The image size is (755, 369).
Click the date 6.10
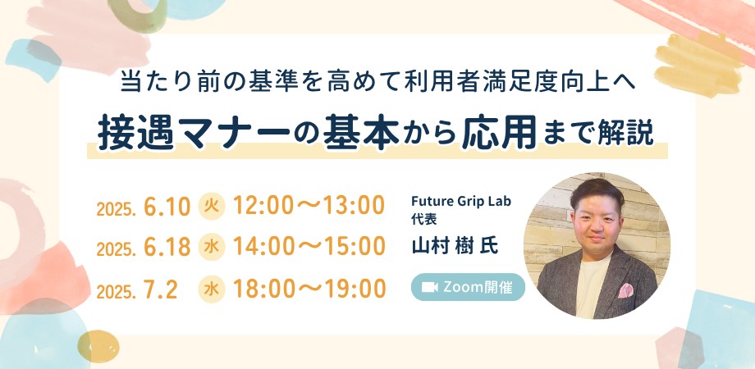[x=167, y=207]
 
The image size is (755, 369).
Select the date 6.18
[x=167, y=248]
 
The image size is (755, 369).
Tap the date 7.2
[x=161, y=289]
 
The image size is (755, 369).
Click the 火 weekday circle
[x=211, y=207]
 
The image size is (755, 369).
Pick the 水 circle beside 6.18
[x=211, y=248]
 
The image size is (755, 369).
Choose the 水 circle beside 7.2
[x=211, y=289]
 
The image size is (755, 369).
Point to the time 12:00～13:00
[x=309, y=207]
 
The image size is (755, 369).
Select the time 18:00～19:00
[x=309, y=289]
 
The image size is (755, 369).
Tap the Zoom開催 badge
[x=468, y=288]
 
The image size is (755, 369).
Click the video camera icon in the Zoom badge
[x=429, y=288]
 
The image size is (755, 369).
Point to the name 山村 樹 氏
[x=455, y=246]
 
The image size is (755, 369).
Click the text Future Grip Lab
[x=461, y=201]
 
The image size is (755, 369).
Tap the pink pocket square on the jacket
[x=625, y=290]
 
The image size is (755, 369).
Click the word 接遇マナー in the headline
[x=194, y=134]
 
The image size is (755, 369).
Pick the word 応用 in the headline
[x=499, y=134]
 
